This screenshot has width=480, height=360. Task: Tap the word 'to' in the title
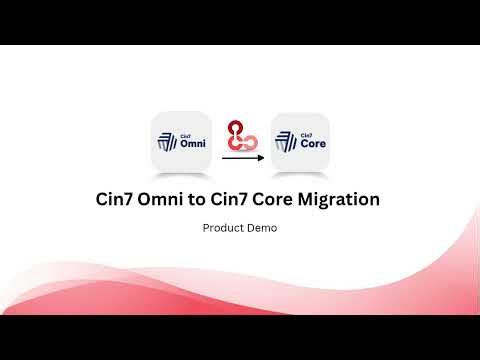point(203,199)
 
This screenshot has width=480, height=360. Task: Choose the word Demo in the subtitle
point(262,228)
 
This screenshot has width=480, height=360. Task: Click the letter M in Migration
point(307,199)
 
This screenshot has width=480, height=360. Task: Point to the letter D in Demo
point(251,228)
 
